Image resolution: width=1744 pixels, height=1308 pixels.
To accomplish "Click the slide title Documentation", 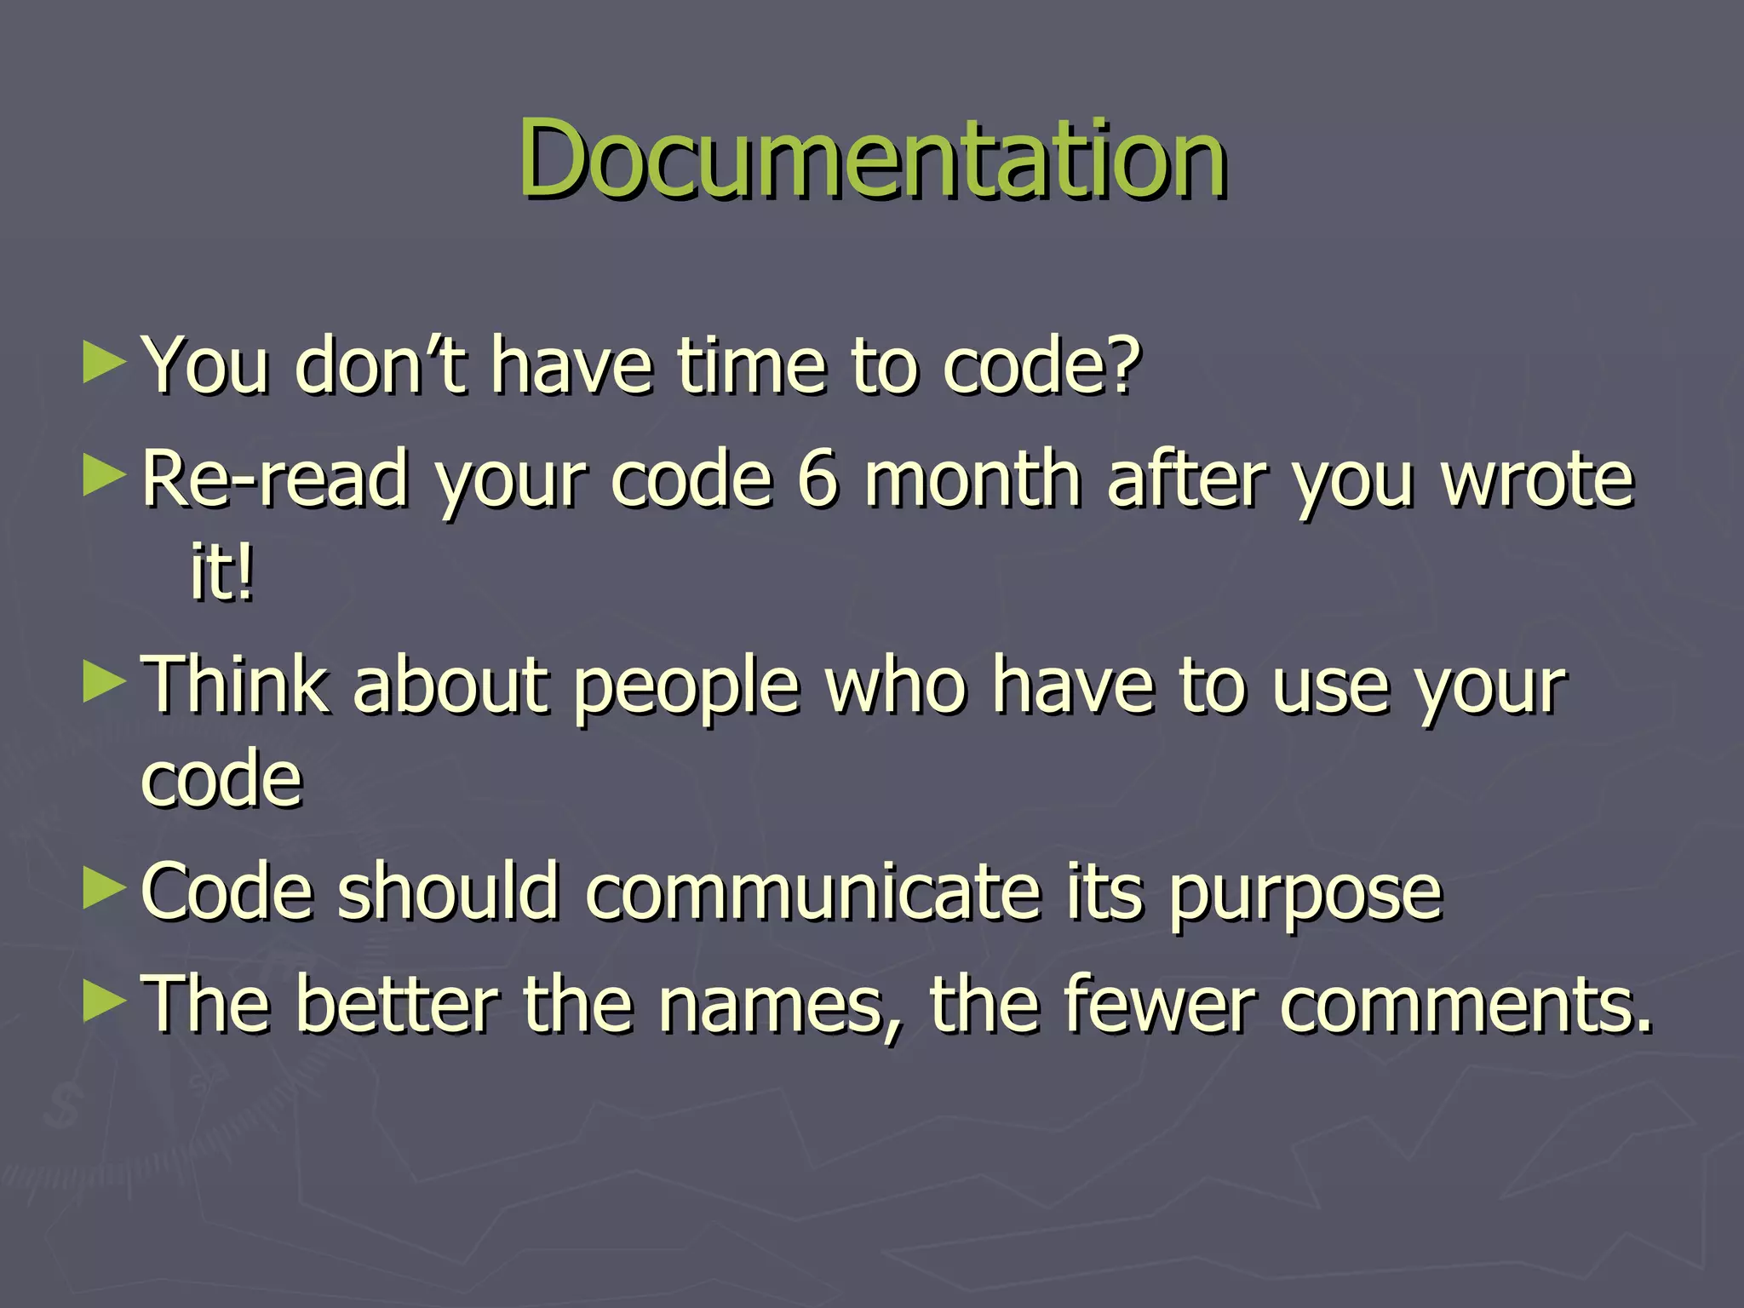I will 872,159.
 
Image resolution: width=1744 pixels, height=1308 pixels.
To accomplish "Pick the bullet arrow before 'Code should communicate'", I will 104,889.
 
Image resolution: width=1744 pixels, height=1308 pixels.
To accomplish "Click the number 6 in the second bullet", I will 818,479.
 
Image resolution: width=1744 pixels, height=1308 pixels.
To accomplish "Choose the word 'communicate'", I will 813,892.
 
